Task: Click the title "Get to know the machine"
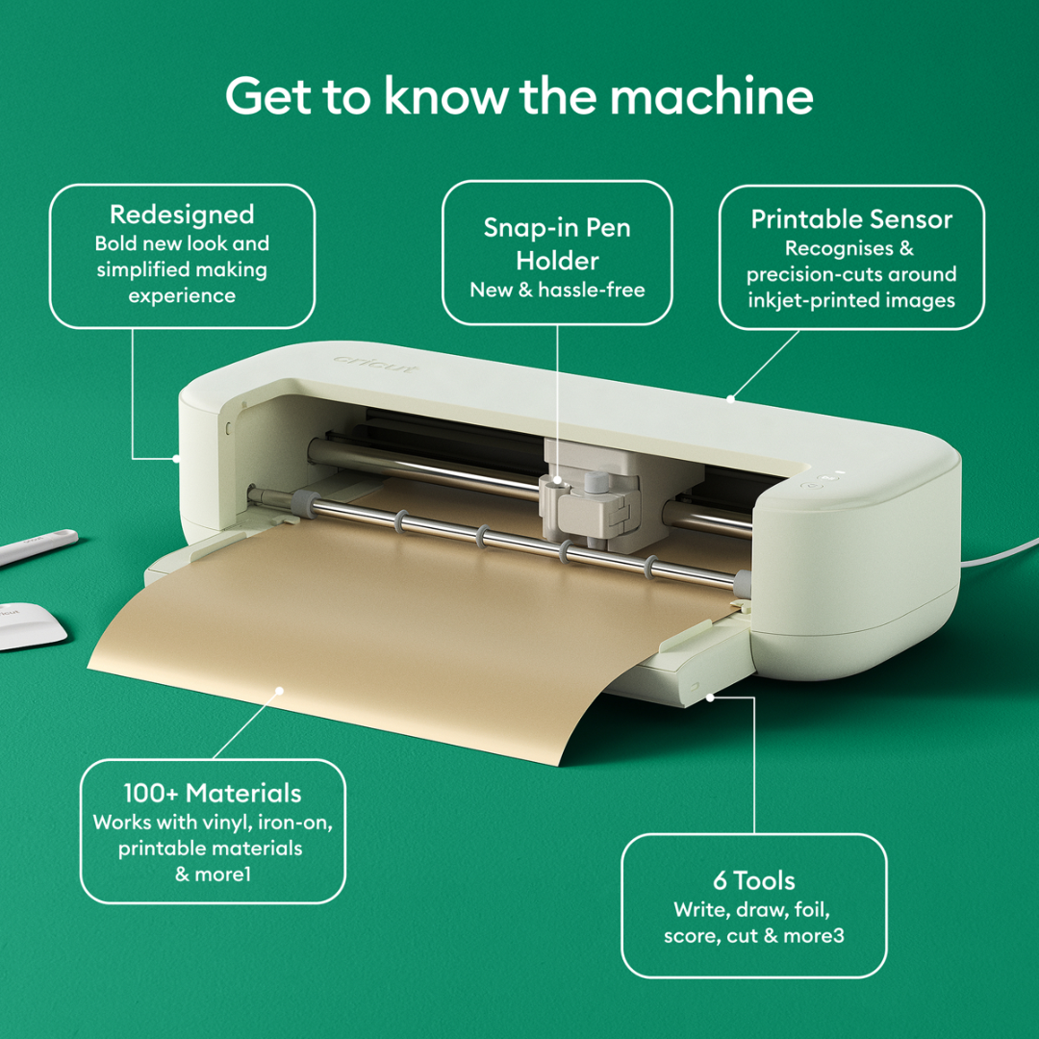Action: point(519,97)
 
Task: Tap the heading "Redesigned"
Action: point(182,215)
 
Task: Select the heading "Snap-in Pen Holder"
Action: point(557,244)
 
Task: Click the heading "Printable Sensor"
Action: point(851,219)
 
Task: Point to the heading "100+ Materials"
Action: point(212,794)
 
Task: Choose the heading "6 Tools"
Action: point(753,880)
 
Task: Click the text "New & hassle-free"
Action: point(557,290)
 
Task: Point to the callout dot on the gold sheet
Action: point(279,689)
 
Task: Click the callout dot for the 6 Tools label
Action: point(710,697)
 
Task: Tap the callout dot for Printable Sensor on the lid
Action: point(731,396)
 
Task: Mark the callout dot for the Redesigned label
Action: point(177,458)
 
